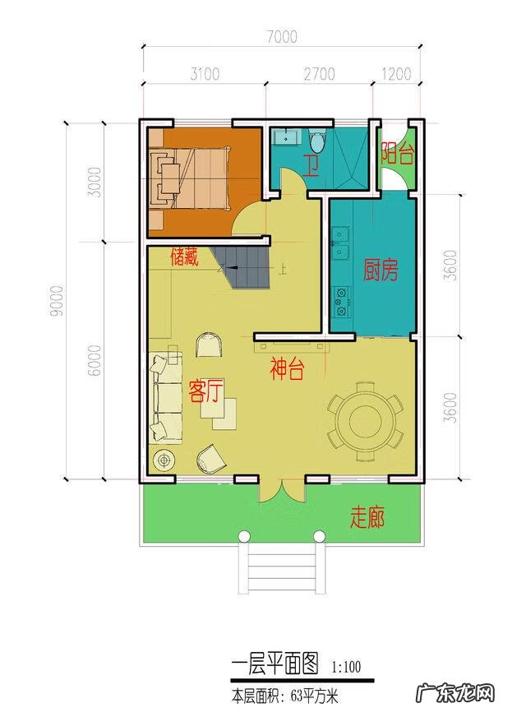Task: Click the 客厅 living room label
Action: tap(205, 390)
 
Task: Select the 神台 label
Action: tap(287, 370)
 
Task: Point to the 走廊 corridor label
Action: tap(367, 518)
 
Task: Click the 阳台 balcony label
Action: tap(396, 151)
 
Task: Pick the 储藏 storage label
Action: tap(184, 257)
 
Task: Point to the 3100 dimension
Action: tap(205, 74)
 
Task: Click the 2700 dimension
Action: tap(319, 74)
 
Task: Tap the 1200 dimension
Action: tap(396, 74)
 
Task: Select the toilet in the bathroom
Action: tap(318, 140)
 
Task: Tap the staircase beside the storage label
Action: tap(244, 267)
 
